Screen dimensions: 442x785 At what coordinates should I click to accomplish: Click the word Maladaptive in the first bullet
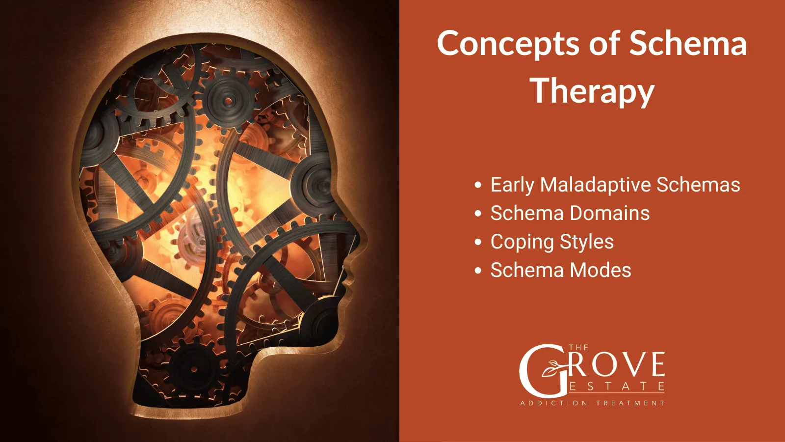[595, 185]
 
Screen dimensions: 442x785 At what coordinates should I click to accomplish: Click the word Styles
[586, 242]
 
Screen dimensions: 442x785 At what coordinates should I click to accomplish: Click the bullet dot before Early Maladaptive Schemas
[478, 186]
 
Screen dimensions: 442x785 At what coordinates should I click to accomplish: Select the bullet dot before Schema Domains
[478, 214]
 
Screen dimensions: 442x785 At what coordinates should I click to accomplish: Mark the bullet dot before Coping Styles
[478, 243]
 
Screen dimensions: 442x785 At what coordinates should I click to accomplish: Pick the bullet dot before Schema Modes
[478, 271]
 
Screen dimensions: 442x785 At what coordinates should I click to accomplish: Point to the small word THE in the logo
[578, 348]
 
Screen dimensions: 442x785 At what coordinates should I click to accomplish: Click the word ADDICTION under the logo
[554, 403]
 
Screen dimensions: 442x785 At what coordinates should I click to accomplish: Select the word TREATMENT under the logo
[630, 403]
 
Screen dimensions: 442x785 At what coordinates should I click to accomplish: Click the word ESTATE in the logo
[617, 387]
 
